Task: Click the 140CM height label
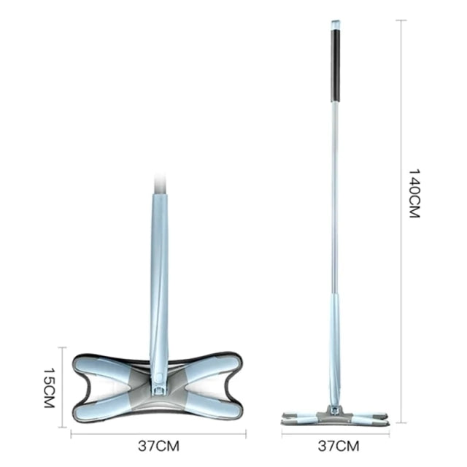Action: point(414,193)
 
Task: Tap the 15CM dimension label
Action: point(50,387)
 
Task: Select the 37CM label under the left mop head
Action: point(158,446)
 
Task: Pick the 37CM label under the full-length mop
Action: point(339,446)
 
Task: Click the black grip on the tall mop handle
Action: point(336,65)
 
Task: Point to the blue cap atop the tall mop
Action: point(336,25)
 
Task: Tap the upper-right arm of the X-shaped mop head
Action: point(212,367)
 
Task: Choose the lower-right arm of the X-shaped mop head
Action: point(212,406)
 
